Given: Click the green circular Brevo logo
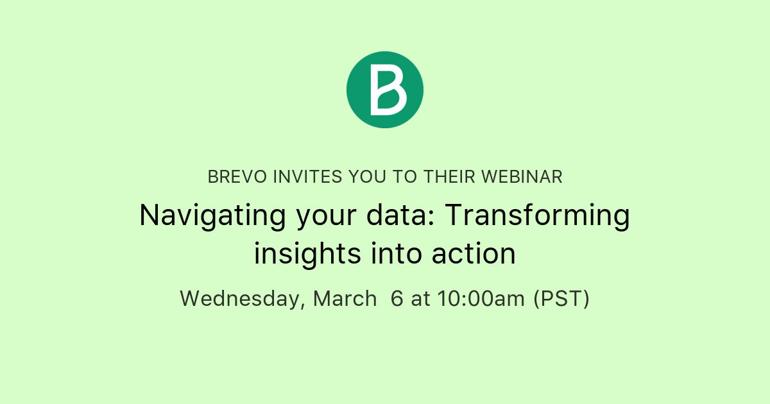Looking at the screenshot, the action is click(385, 90).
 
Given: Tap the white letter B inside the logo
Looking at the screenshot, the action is click(388, 90).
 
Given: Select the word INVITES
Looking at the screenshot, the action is click(307, 177).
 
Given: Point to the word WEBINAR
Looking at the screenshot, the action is click(522, 177).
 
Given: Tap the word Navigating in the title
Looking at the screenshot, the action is click(212, 216).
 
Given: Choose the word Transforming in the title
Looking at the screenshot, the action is click(537, 216).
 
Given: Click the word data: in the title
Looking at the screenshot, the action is click(400, 215).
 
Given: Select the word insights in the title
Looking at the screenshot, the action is click(307, 254).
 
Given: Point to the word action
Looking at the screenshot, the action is click(474, 254).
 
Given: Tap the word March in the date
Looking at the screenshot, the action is click(345, 298).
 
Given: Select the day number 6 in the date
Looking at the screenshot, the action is click(397, 298).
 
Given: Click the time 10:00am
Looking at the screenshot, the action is click(481, 298).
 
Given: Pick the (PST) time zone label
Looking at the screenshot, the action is click(561, 299).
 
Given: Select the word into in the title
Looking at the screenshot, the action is click(397, 254).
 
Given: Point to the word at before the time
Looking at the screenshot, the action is click(420, 299).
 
